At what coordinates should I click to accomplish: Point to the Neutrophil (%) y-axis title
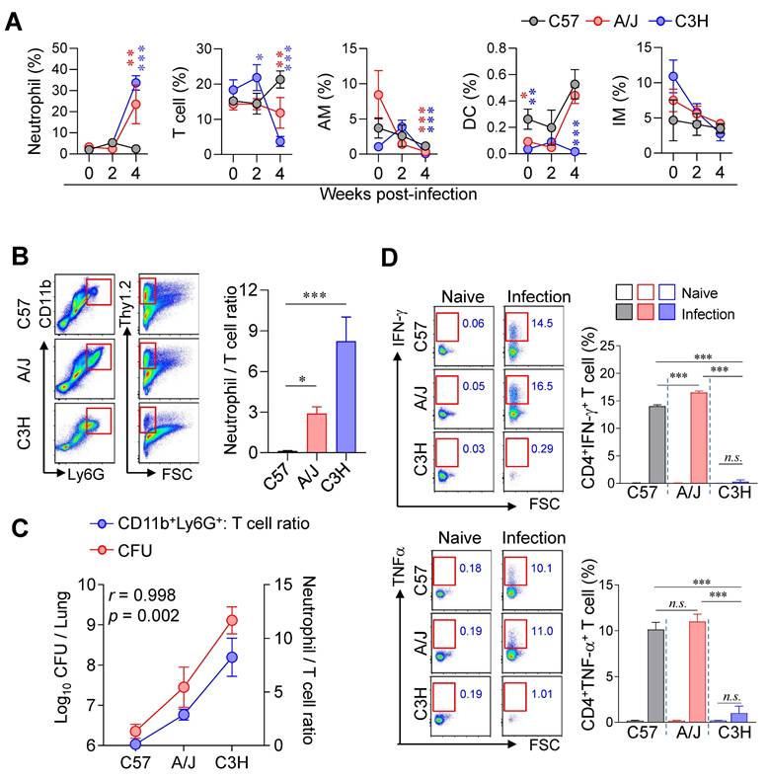click(17, 100)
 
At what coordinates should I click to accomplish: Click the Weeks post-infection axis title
click(400, 193)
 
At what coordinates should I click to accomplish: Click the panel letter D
click(390, 260)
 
